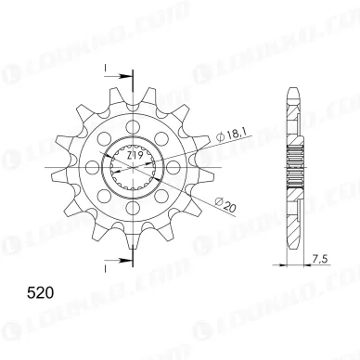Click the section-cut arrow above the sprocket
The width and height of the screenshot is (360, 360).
tap(110, 79)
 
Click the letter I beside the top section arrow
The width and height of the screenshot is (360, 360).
tap(109, 66)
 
